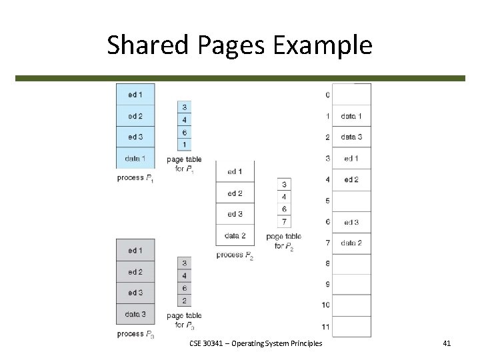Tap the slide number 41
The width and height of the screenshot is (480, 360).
coord(447,343)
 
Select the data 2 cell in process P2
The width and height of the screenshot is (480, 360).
coord(235,235)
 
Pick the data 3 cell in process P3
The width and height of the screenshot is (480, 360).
coord(135,313)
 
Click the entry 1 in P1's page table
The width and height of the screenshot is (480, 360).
coord(185,145)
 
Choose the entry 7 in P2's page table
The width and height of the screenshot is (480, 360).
coord(284,221)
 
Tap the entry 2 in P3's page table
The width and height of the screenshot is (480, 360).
coord(185,301)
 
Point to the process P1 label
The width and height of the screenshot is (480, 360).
coord(135,178)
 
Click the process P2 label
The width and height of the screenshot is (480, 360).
coord(235,255)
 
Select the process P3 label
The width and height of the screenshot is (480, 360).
coord(135,334)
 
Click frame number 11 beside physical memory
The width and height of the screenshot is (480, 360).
coord(325,326)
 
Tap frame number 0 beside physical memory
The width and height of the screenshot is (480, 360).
coord(327,95)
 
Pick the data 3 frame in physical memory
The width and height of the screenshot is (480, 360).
coord(351,137)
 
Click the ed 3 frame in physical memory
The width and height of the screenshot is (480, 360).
coord(351,222)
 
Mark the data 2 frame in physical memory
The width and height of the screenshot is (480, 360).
coord(351,243)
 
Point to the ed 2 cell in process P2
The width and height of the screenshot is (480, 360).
coord(235,193)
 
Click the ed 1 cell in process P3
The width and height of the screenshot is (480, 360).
coord(135,251)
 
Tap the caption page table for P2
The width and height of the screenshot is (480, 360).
coord(283,241)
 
